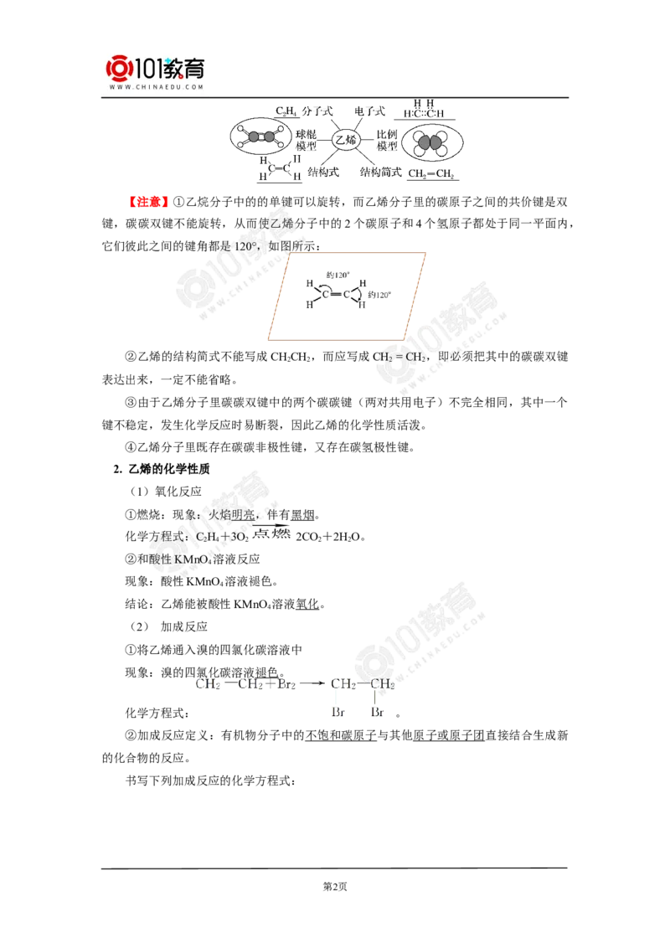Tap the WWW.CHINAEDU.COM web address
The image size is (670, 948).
[x=156, y=87]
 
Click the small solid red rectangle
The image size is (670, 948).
[x=148, y=201]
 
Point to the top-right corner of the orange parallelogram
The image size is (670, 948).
[x=427, y=250]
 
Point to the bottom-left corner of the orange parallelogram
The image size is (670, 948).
[x=269, y=339]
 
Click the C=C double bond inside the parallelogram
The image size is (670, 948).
[x=336, y=294]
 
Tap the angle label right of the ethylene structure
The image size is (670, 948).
[x=380, y=294]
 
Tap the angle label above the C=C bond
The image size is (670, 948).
[x=336, y=275]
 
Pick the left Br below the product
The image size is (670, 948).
[x=338, y=713]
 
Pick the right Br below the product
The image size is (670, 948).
[x=378, y=713]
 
